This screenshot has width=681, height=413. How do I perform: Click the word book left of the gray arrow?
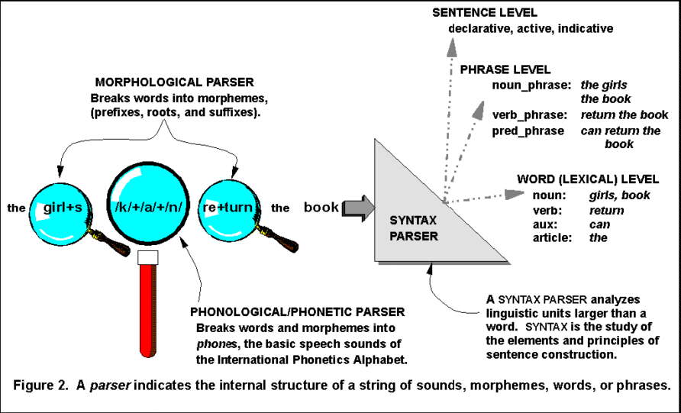321,207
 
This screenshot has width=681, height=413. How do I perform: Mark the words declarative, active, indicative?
531,29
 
